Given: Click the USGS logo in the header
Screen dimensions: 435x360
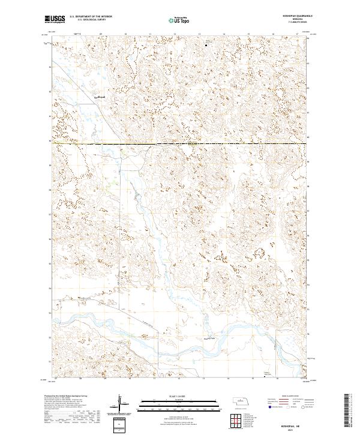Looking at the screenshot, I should click(55, 19).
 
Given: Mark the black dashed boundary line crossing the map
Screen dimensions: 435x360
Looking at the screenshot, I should click(180, 144).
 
